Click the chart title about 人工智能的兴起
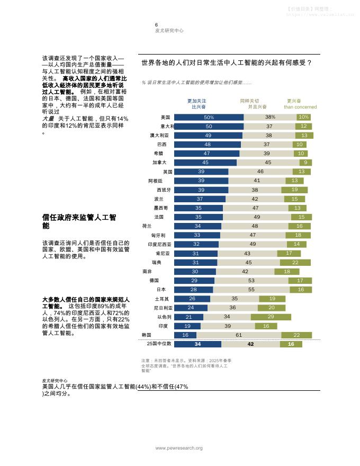(x=227, y=63)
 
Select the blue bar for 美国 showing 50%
(x=209, y=117)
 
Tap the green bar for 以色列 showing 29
(x=271, y=317)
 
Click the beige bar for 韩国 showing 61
(x=238, y=335)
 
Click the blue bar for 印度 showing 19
(x=187, y=326)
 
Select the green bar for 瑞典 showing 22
(x=295, y=263)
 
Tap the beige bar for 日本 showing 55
(x=251, y=290)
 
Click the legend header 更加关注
(x=197, y=101)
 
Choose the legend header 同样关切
(x=249, y=101)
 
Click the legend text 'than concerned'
(x=300, y=107)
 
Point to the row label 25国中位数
(x=158, y=344)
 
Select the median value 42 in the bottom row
(x=250, y=344)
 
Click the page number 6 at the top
(x=156, y=25)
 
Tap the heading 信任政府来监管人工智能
(x=79, y=221)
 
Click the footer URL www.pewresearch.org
(x=178, y=449)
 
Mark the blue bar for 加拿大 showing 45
(x=205, y=163)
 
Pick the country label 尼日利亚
(x=163, y=308)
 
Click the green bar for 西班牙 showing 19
(x=294, y=190)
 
